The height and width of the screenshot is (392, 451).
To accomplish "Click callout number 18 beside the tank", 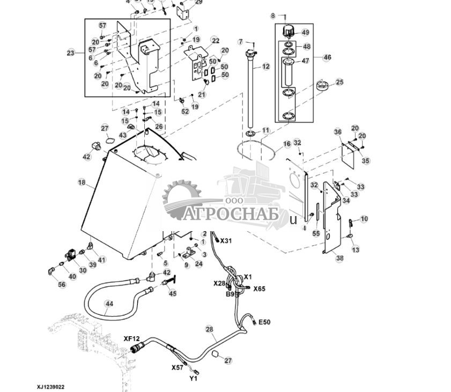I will [x=82, y=183].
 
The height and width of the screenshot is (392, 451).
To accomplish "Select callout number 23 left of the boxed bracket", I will [x=71, y=53].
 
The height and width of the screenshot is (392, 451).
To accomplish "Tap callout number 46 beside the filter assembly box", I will [x=327, y=57].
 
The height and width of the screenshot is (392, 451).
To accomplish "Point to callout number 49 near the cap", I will [x=305, y=33].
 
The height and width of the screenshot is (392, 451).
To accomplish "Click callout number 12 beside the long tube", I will [x=266, y=66].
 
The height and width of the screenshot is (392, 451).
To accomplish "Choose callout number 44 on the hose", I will [x=109, y=304].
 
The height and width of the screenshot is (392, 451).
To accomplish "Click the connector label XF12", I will [x=131, y=338].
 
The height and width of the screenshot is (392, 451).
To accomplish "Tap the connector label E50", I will [x=264, y=322].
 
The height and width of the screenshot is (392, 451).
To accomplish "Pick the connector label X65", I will [x=259, y=289].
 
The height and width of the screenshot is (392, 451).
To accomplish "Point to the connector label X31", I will [x=226, y=240].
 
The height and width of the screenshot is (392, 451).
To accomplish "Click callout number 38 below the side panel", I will [x=339, y=258].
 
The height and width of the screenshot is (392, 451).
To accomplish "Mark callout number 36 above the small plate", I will [x=337, y=132].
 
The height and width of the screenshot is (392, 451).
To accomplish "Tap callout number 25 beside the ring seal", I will [x=339, y=82].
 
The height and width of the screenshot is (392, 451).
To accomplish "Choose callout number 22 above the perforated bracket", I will [x=215, y=41].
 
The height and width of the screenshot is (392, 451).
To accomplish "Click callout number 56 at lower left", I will [x=62, y=285].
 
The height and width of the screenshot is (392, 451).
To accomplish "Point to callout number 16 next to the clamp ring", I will [x=287, y=144].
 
